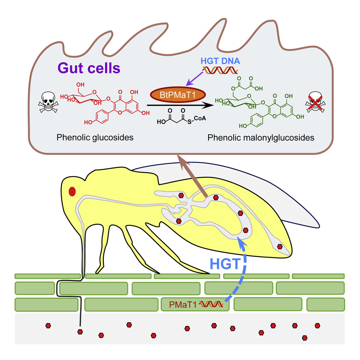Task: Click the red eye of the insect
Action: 72,191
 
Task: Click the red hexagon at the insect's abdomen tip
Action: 279,247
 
